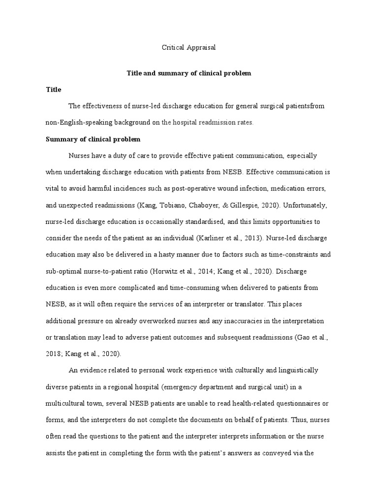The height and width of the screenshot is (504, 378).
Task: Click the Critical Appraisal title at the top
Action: click(189, 48)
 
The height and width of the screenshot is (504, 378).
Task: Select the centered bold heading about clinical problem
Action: click(189, 73)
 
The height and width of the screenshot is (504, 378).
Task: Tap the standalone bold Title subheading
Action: click(54, 90)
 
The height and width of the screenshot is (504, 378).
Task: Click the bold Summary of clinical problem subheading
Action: click(93, 139)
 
